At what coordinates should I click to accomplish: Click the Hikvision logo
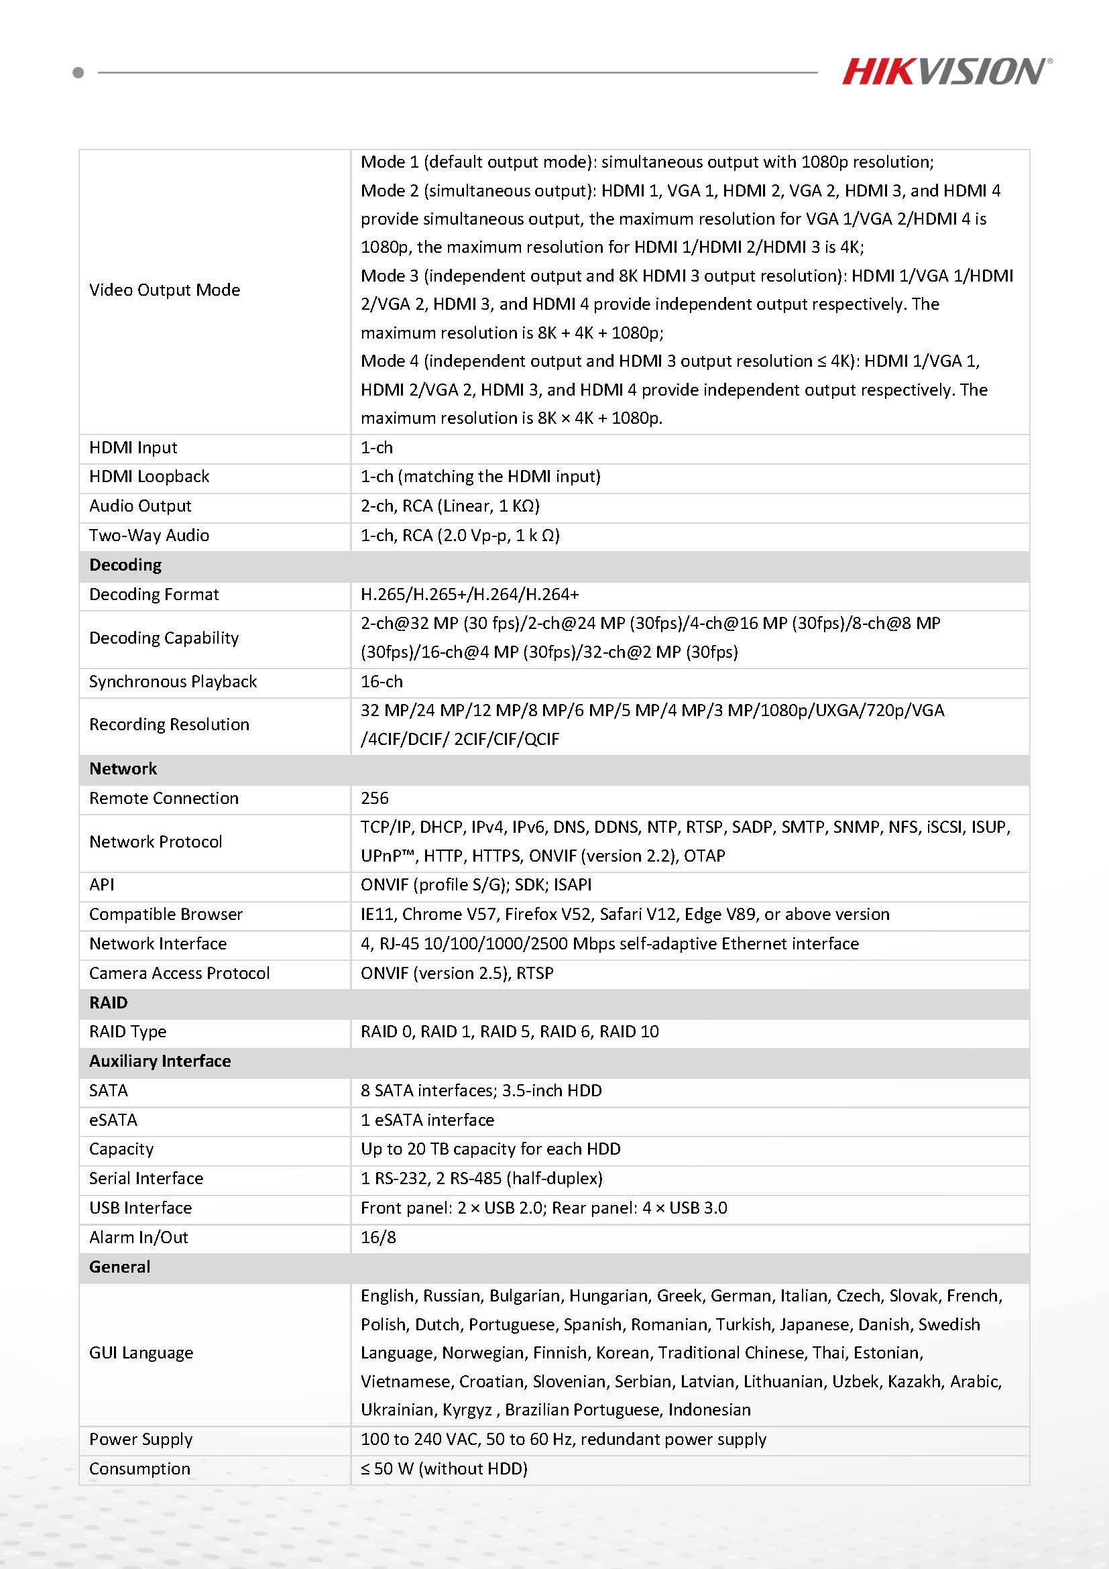click(x=945, y=71)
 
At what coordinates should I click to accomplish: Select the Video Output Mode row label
click(x=165, y=290)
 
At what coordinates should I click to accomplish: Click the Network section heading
click(x=123, y=769)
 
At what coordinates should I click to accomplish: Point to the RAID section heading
click(x=109, y=1002)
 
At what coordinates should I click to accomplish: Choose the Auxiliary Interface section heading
click(x=160, y=1061)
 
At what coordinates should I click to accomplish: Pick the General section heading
click(x=119, y=1267)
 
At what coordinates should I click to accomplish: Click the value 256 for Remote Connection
click(x=374, y=798)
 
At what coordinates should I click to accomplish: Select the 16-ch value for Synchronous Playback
click(x=382, y=681)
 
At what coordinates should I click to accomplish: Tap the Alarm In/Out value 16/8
click(x=378, y=1238)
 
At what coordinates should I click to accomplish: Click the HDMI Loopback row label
click(x=149, y=476)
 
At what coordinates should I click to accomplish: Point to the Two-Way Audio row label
click(x=149, y=535)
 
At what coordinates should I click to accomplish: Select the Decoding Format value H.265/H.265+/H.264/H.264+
click(x=469, y=595)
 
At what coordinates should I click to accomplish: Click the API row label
click(x=102, y=885)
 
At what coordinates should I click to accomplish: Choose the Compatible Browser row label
click(x=166, y=915)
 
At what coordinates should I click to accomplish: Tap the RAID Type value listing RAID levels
click(x=510, y=1032)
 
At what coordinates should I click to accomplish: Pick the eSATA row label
click(x=113, y=1120)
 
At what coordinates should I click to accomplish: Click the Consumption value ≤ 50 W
click(x=444, y=1468)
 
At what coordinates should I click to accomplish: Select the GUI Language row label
click(x=141, y=1353)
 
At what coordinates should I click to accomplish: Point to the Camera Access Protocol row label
click(x=180, y=973)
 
